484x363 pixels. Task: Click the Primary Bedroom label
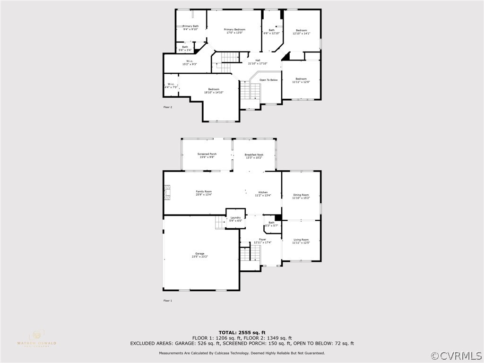(234, 29)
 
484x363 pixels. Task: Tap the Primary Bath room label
(190, 26)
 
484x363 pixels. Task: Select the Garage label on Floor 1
(200, 253)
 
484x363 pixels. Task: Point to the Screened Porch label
(207, 154)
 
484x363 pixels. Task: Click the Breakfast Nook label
(254, 155)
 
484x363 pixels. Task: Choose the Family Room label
(204, 191)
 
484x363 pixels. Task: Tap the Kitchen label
(263, 192)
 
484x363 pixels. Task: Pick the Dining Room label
(301, 195)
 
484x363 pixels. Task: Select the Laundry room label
(235, 217)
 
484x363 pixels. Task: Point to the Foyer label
(262, 240)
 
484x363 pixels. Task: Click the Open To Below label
(268, 80)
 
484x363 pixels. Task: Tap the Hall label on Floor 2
(258, 60)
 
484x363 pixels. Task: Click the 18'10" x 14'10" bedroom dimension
(214, 93)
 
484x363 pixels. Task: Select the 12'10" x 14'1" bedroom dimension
(301, 34)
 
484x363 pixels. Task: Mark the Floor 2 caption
(168, 107)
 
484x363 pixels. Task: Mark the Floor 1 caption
(168, 301)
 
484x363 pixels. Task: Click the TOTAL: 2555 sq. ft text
(242, 332)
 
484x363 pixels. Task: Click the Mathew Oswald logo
(36, 338)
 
